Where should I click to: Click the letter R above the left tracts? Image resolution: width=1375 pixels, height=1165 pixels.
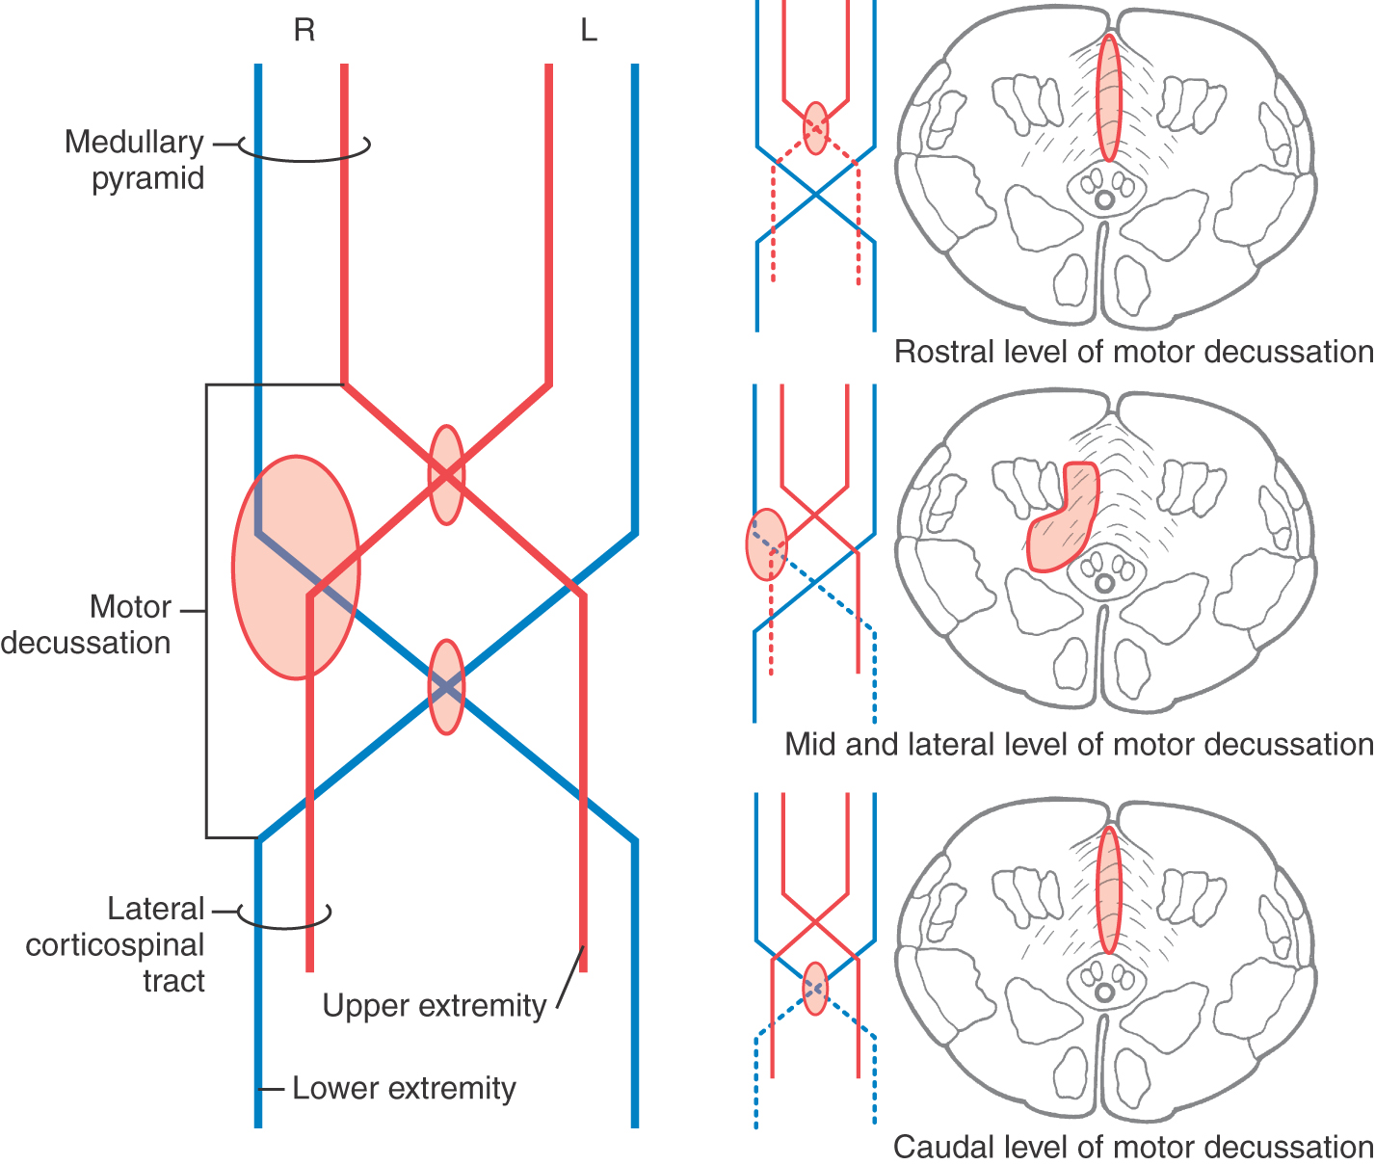pos(304,31)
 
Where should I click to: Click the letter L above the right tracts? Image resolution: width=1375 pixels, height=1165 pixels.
pos(588,31)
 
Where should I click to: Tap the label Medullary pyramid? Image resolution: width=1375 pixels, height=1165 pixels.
pos(135,160)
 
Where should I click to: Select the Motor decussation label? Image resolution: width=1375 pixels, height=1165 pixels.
pos(87,624)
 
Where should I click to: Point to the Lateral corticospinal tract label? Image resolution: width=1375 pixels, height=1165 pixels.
pos(116,944)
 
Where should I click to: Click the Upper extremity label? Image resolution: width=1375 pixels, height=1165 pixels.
pos(434,1005)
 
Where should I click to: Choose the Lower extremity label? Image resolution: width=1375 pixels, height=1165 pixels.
pos(404,1088)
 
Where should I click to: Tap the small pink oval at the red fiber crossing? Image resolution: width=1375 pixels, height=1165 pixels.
pos(446,475)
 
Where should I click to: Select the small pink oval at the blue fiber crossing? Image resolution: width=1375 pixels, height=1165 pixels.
pos(446,687)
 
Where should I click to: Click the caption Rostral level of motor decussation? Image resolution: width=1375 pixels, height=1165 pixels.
pos(1133,352)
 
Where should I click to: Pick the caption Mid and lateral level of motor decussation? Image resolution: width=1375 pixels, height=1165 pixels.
pos(1078,744)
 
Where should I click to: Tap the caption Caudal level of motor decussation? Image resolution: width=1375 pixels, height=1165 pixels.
pos(1132,1147)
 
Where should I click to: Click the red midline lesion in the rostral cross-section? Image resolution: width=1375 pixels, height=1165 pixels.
pos(1109,97)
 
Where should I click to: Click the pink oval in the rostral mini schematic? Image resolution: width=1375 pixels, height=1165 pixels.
pos(815,128)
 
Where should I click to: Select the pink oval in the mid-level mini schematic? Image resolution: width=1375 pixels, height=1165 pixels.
pos(766,544)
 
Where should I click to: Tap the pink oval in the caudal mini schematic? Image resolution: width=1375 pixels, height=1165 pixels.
pos(815,988)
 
